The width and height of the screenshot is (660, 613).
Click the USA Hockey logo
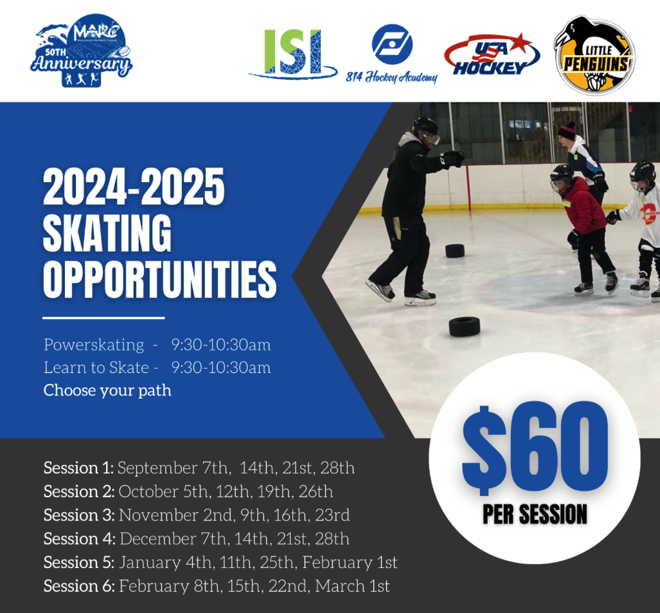click(492, 55)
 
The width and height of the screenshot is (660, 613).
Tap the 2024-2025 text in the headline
click(134, 188)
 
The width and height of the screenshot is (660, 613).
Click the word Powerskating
click(94, 345)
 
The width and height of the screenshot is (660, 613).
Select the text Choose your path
click(107, 390)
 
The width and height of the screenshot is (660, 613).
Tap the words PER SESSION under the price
click(535, 514)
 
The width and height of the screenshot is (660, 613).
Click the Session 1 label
click(78, 468)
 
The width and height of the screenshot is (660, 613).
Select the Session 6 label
click(79, 586)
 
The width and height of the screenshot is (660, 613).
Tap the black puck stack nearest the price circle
click(464, 325)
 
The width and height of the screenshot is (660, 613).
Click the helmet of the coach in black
click(425, 126)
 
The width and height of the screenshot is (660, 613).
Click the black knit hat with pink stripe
click(567, 131)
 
